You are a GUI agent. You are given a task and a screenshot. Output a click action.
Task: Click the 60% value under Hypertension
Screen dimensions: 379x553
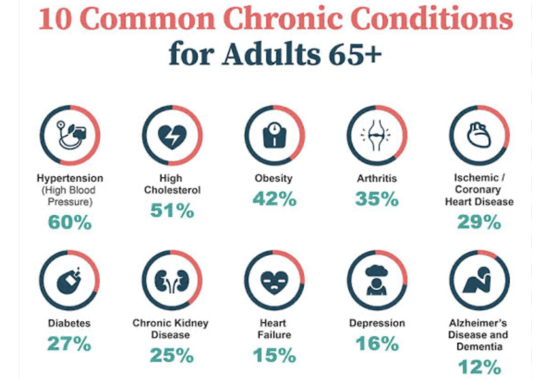tap(70, 223)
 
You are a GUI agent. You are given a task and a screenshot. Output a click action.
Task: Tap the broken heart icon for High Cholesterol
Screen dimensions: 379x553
tap(172, 136)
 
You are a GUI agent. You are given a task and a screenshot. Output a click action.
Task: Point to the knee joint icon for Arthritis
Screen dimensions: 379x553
tap(377, 136)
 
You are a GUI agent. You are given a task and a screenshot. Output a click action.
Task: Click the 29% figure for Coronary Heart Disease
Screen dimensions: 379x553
tap(479, 222)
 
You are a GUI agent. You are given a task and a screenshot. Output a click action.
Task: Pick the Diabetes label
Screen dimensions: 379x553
tap(69, 323)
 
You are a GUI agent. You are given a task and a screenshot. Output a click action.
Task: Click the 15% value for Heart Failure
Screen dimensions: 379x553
tap(274, 355)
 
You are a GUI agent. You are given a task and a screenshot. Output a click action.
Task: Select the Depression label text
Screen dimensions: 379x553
tap(377, 323)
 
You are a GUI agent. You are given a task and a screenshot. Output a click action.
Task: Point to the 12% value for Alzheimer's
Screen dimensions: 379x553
tap(479, 367)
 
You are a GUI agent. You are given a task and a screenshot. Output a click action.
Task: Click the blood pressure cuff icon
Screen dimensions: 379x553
tap(70, 135)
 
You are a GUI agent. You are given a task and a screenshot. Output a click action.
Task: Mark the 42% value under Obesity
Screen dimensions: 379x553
tap(274, 199)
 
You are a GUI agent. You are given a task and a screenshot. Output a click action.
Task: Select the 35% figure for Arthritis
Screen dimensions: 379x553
tap(377, 199)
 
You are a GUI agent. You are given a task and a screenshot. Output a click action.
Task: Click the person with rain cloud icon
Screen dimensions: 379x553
tap(377, 280)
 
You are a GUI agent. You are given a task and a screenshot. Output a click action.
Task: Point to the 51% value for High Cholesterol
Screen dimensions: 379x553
tap(172, 210)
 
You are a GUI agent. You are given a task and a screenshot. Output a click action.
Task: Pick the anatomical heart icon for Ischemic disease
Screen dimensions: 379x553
tap(479, 135)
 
